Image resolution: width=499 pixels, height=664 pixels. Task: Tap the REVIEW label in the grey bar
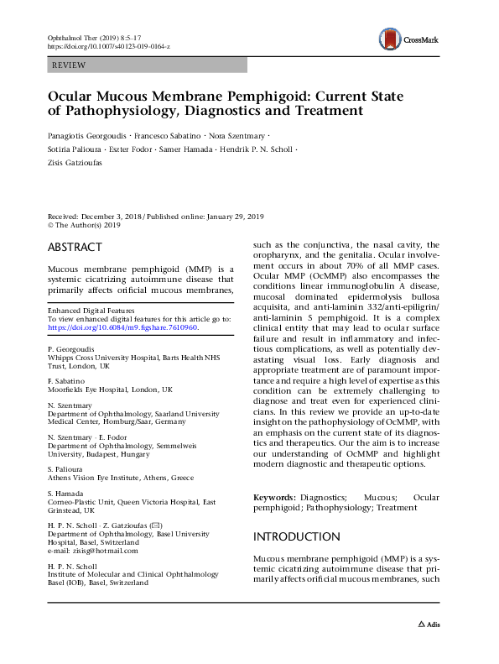[x=68, y=65]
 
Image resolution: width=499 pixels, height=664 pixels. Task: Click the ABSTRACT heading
[x=75, y=248]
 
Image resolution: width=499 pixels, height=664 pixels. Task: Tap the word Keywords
[x=273, y=498]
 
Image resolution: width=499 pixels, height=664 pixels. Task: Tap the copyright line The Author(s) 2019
[x=88, y=226]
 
